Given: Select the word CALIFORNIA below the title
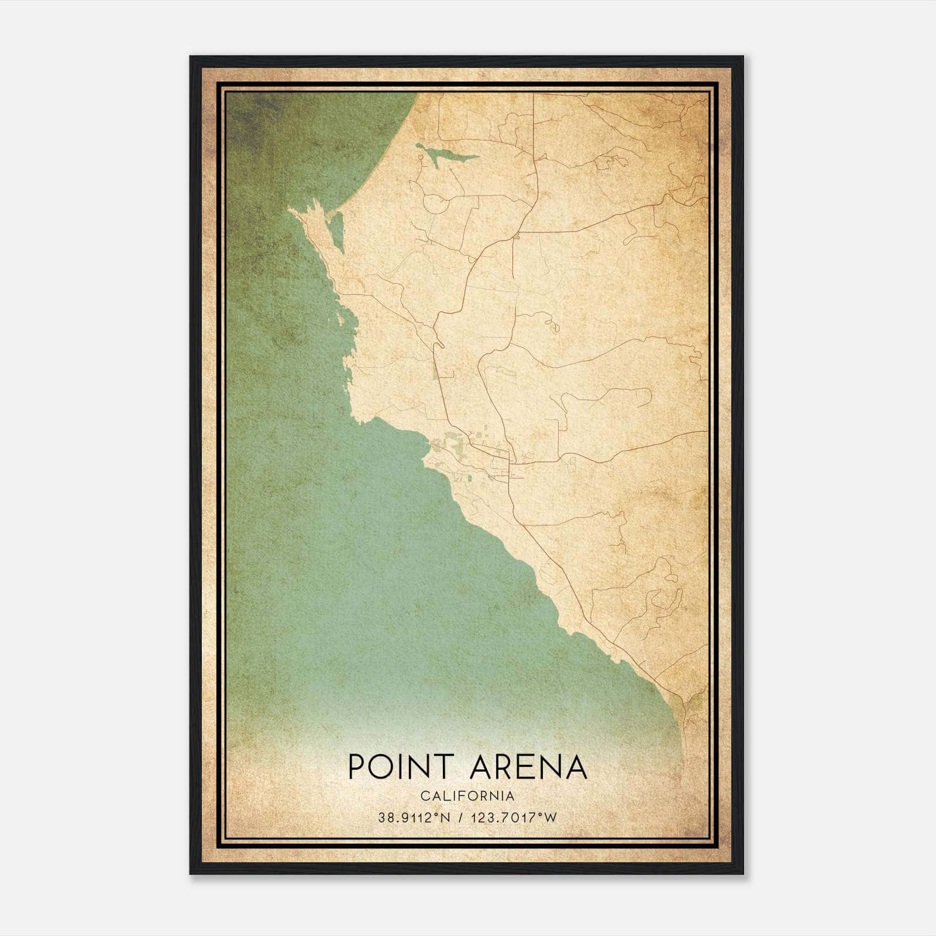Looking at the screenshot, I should pos(467,796).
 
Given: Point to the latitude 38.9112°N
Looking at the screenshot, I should pos(414,818).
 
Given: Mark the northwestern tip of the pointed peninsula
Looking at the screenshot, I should pos(290,209).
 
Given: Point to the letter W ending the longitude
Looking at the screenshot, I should pos(550,818).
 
